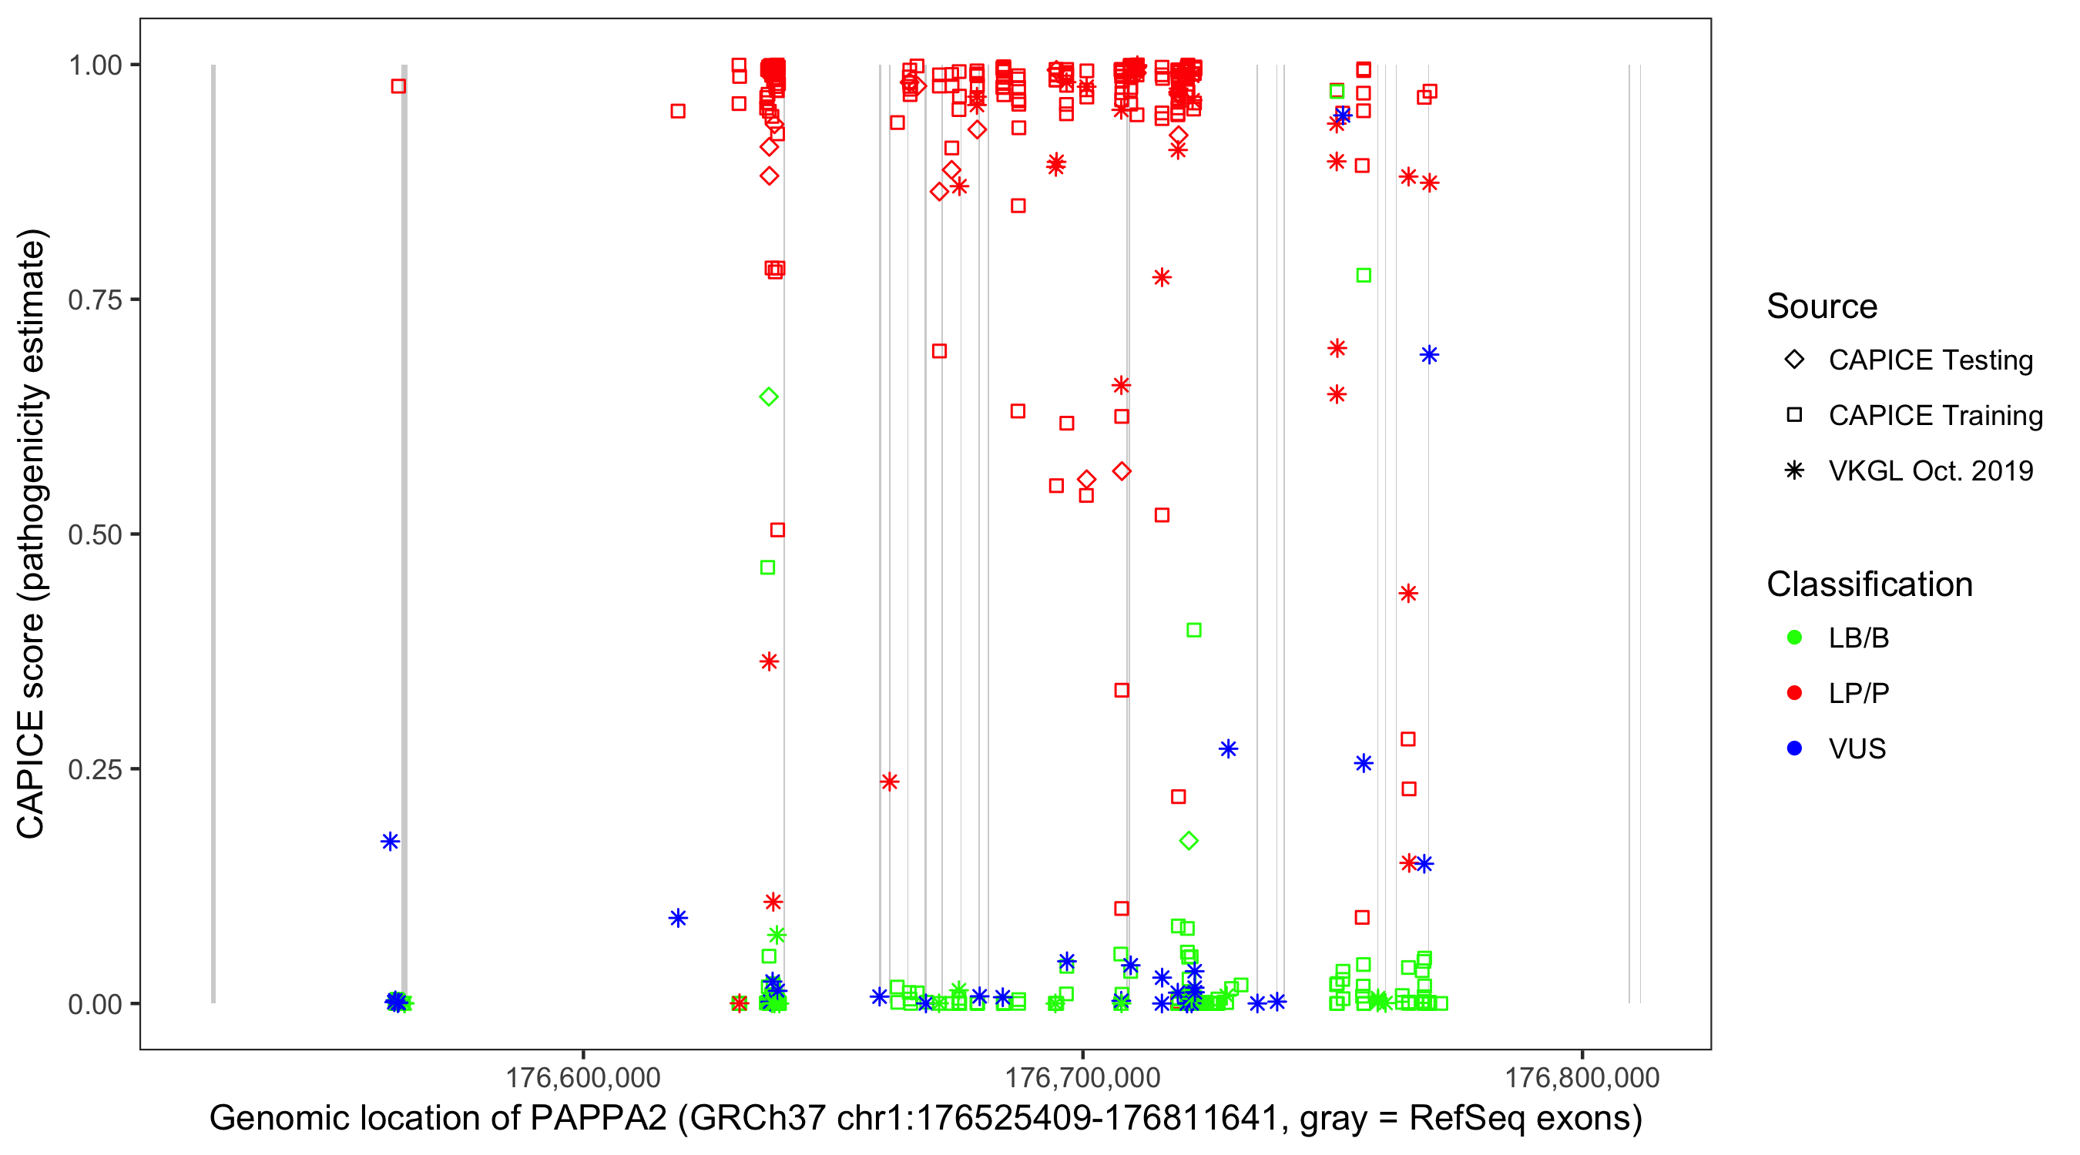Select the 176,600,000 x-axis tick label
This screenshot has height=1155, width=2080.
point(583,1077)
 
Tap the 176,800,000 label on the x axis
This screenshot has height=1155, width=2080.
point(1582,1077)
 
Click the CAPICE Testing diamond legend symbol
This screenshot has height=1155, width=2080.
point(1794,360)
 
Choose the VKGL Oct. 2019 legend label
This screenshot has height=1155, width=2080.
point(1931,470)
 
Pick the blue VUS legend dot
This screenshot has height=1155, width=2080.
point(1794,748)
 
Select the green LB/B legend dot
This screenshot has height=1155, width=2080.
point(1794,638)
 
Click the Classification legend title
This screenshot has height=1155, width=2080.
point(1869,584)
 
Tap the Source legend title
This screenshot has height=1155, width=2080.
point(1822,306)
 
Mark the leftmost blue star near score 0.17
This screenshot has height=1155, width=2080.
point(390,842)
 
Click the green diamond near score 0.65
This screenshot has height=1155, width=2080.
point(769,397)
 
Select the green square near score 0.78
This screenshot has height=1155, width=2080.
point(1364,275)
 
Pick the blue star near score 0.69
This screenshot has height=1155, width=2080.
point(1429,354)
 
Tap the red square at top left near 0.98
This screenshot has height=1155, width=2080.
point(398,85)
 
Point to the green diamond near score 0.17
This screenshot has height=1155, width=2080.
point(1189,841)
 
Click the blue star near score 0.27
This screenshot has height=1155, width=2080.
point(1228,749)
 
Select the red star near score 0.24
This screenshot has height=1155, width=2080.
point(890,782)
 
